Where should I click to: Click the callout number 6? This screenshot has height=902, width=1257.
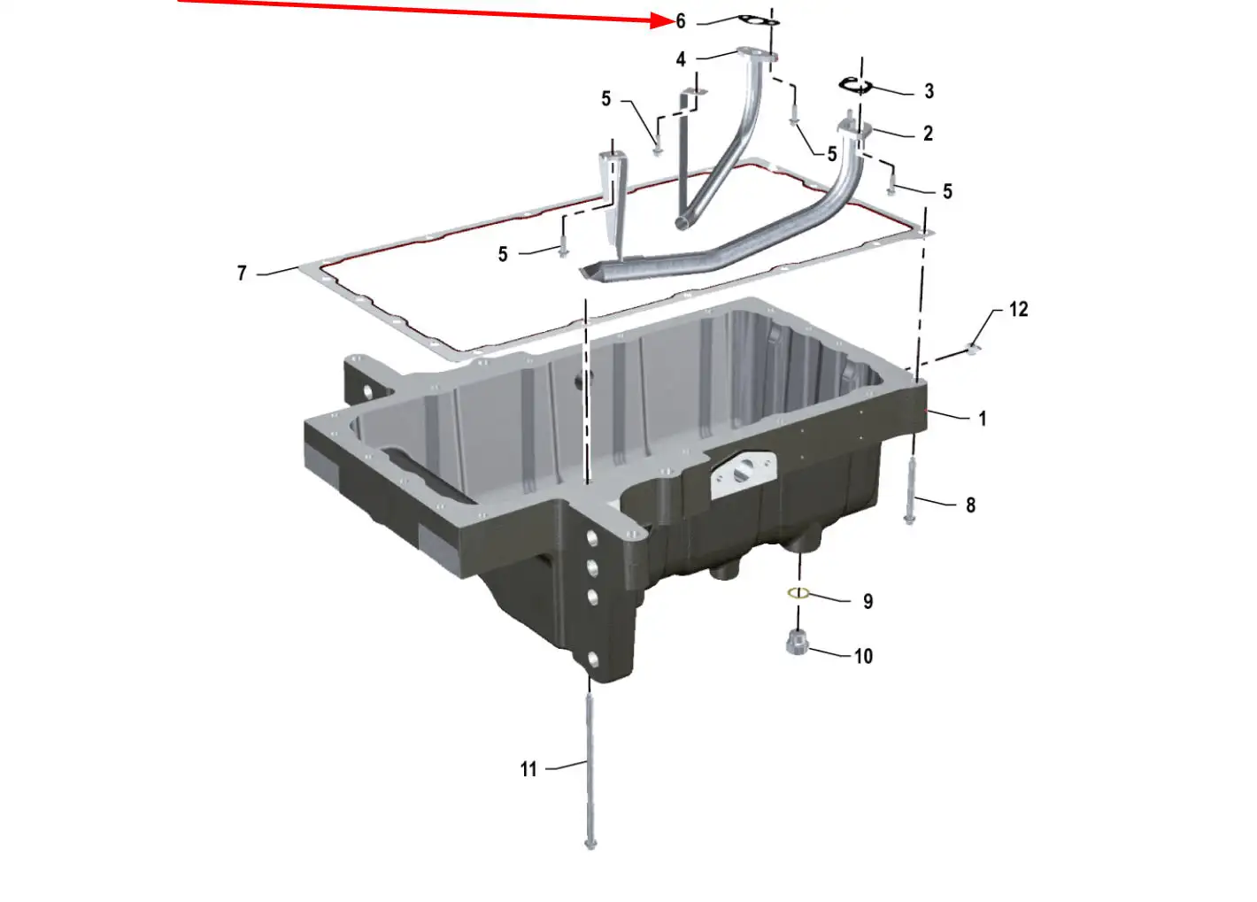coord(681,21)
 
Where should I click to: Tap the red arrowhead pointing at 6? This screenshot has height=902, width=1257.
coord(661,20)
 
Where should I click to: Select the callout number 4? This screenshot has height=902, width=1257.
coord(681,59)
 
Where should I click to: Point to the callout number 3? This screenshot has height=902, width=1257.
coord(929,91)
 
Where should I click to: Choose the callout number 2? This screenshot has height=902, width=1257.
coord(929,134)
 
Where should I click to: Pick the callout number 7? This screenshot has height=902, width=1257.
coord(242,273)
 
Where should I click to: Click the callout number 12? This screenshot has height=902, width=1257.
coord(1019,309)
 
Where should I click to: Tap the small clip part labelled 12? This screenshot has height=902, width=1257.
coord(973,349)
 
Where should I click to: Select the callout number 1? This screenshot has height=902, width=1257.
coord(982,418)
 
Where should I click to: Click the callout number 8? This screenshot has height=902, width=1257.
coord(971,505)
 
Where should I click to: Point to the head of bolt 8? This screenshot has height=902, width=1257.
coord(909,519)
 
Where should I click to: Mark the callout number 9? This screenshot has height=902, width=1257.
coord(868,601)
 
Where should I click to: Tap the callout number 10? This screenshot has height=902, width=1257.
coord(863,656)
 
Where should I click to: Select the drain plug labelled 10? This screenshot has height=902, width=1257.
coord(797,642)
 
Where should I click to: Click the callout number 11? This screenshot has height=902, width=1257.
coord(528,769)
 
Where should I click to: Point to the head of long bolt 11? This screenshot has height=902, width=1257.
coord(590,860)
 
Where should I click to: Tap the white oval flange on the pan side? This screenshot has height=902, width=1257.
coord(744,474)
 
